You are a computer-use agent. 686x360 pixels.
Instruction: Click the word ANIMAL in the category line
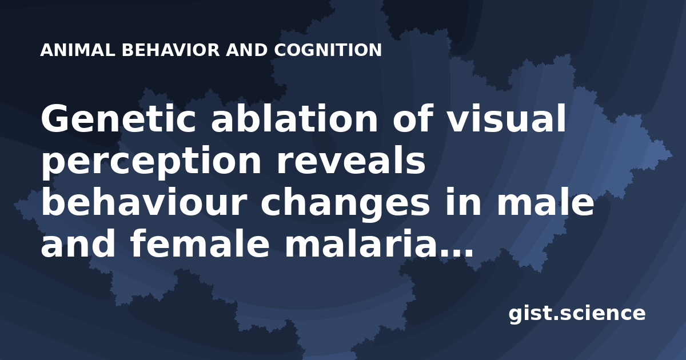[x=78, y=50]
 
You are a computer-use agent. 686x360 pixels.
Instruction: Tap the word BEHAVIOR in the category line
[x=171, y=50]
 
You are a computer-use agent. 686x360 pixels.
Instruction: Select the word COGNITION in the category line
[x=328, y=50]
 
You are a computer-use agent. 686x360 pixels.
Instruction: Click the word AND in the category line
[x=247, y=50]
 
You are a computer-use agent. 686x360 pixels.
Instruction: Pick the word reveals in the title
[x=351, y=159]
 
